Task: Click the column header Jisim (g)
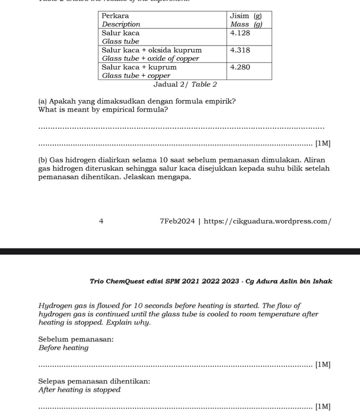coord(246,16)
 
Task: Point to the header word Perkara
coord(115,16)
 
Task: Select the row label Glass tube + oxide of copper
coord(150,58)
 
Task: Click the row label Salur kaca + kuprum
coord(139,67)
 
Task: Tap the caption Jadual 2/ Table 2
coord(185,84)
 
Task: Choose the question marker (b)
coord(43,160)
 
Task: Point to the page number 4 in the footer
coord(101,221)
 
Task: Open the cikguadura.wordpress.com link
coord(267,221)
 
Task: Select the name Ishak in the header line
coord(323,281)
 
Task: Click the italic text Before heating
coord(64,348)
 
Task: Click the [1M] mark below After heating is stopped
coord(322,407)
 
